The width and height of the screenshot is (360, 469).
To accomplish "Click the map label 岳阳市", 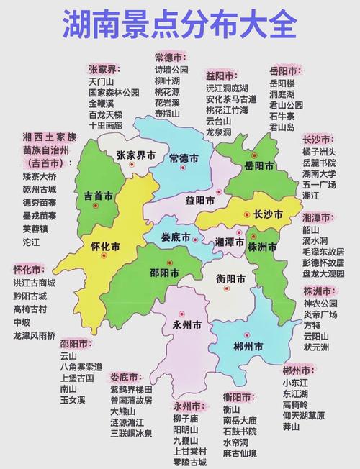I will tap(258, 166).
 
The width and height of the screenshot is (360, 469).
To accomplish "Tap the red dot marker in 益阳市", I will tap(219, 191).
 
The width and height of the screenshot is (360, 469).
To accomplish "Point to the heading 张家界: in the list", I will tap(104, 69).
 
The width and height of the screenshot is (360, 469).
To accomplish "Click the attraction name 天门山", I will tap(101, 82).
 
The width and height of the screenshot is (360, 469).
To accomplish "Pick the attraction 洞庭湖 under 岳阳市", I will tap(282, 94).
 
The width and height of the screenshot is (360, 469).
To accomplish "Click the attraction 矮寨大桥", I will tap(40, 176).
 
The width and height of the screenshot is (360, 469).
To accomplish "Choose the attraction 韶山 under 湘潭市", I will tap(311, 229).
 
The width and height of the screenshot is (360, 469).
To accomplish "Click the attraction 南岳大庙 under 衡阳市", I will tap(241, 420).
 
